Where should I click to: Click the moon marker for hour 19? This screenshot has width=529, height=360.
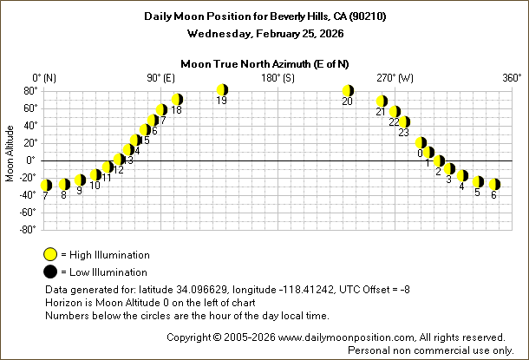pos(222,89)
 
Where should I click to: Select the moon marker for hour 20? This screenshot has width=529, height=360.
pos(348,90)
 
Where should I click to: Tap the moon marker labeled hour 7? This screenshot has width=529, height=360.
pos(46,185)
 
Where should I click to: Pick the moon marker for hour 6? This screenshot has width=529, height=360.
pos(493,184)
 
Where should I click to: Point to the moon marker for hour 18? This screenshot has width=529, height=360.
pos(177,100)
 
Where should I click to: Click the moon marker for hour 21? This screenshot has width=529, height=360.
pos(382,101)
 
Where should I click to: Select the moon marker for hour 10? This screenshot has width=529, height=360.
pos(95,175)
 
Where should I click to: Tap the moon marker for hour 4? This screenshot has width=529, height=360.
pos(462,176)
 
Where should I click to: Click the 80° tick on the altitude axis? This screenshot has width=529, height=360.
pos(28,90)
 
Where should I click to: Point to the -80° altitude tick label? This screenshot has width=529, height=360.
pos(26,230)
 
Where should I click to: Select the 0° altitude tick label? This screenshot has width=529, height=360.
pos(30,160)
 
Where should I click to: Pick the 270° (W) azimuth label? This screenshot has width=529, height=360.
pos(396,78)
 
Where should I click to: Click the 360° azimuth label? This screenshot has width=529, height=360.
pos(511,78)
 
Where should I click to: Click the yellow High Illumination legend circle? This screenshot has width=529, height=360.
pos(51,255)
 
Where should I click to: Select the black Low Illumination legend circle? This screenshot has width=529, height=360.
pos(51,272)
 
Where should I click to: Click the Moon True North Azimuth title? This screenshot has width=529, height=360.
pos(264,63)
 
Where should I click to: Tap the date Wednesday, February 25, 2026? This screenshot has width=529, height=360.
pos(264,34)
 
